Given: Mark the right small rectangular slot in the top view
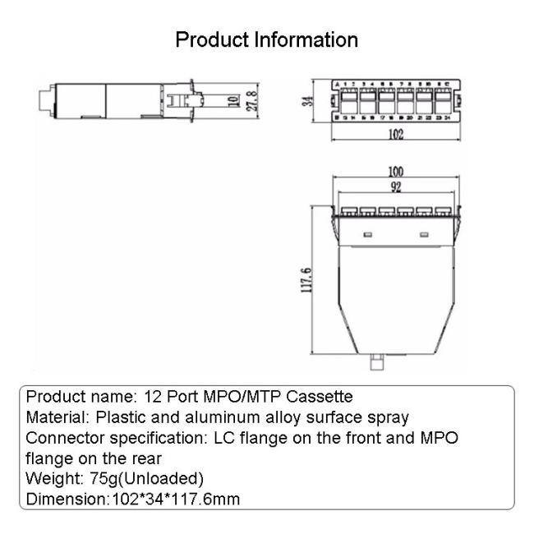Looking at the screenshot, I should [425, 236].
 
